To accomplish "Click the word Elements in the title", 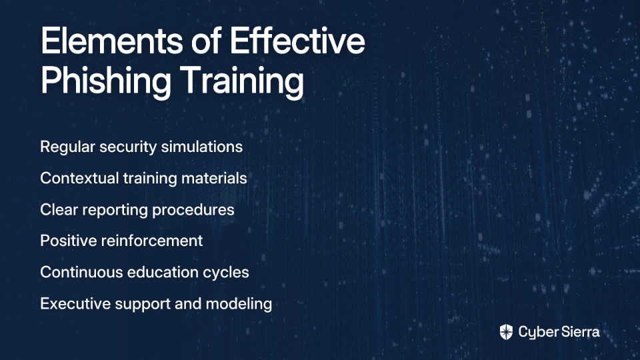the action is tap(112, 41).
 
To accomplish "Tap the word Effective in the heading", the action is tap(297, 41).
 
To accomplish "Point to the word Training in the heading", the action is tap(242, 81).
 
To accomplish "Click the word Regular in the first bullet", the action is tap(67, 147).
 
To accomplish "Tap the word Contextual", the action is tap(79, 178).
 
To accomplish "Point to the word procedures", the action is tap(193, 210).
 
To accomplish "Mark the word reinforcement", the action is tap(152, 241).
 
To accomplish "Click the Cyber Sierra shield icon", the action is tap(506, 332).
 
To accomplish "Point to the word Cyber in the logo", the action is tap(537, 333).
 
